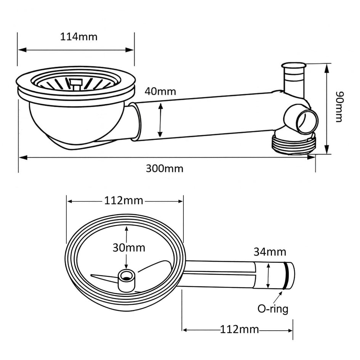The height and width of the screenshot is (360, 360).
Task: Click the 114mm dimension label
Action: point(79,37)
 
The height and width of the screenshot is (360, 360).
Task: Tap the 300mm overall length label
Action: point(164,168)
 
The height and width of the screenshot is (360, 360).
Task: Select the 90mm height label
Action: point(338,106)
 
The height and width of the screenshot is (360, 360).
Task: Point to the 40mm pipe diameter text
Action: point(160,92)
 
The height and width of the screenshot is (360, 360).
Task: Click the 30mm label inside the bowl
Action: point(129,247)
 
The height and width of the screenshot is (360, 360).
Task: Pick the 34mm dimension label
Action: point(270,252)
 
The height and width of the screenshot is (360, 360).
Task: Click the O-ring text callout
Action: point(272,309)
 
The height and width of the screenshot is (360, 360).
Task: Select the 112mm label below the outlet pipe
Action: point(239,329)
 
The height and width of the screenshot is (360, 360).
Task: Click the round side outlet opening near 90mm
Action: point(307,122)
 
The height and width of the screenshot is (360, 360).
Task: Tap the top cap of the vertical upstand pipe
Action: point(293,66)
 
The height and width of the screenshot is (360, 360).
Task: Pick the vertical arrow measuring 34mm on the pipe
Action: point(269,276)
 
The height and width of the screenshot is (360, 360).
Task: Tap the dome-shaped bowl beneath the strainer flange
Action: point(76,122)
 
